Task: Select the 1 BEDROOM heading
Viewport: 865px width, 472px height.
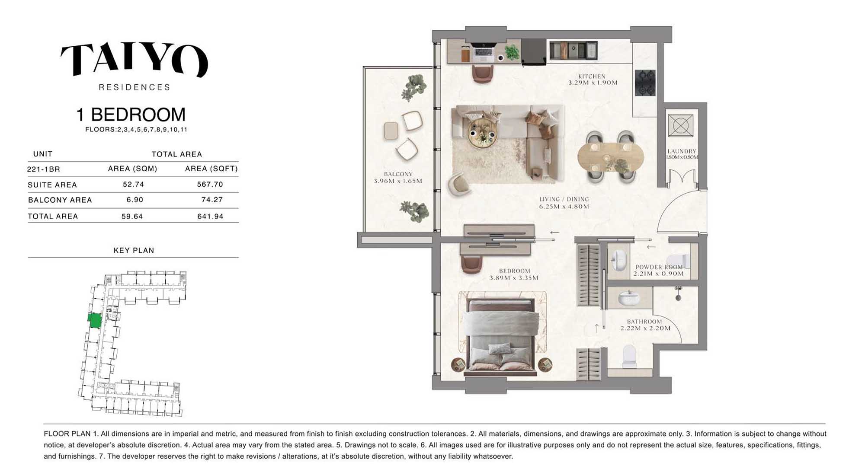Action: coord(131,115)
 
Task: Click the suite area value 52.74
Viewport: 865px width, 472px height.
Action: coord(133,184)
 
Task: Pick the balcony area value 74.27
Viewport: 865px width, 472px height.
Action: coord(212,200)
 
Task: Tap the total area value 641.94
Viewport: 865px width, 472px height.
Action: coord(210,216)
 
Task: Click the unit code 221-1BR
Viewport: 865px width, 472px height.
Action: coord(43,169)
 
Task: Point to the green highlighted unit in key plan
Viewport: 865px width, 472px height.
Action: coord(95,320)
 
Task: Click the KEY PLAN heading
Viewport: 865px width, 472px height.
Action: coord(134,250)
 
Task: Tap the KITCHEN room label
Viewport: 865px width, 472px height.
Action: coord(592,76)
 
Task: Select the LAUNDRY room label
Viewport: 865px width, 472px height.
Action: coord(682,151)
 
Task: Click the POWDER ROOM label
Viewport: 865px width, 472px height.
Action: coord(659,267)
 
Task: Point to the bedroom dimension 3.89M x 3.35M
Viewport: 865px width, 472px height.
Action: coord(514,278)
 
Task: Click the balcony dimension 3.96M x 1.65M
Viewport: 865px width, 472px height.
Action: coord(398,181)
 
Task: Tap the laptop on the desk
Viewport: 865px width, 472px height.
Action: coord(484,51)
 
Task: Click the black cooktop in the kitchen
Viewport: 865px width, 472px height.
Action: coord(645,83)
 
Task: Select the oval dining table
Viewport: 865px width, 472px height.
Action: coord(610,157)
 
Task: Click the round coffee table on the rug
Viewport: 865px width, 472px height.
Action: coord(482,132)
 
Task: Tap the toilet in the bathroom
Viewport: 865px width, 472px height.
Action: coord(629,355)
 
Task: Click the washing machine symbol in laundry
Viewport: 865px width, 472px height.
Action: coord(680,125)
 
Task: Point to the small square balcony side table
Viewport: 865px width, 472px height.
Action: coord(391,131)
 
